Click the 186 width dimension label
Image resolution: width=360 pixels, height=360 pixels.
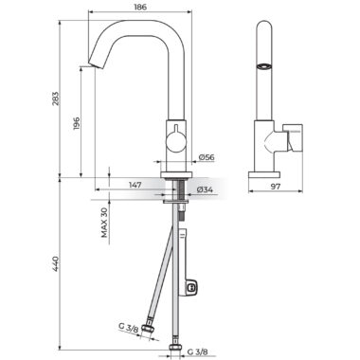[140, 7]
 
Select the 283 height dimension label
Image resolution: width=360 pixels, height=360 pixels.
[55, 99]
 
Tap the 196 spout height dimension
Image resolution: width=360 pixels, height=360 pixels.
[77, 123]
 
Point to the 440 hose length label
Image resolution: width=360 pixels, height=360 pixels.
[55, 264]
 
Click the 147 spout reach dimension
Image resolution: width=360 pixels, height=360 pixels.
[135, 185]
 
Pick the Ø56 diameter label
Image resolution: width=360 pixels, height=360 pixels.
[207, 157]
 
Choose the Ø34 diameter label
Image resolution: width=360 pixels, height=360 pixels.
[205, 189]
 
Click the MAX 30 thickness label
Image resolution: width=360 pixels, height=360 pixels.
[104, 223]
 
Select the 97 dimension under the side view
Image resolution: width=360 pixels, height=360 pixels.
[276, 187]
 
